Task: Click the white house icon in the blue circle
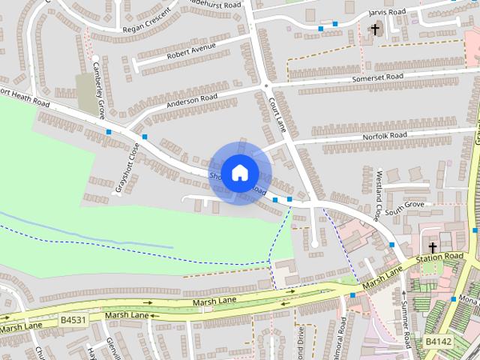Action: pos(238,172)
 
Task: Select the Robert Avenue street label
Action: pos(191,52)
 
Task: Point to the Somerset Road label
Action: pos(378,78)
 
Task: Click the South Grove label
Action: pos(404,208)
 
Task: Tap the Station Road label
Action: pos(440,257)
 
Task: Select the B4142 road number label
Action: pos(439,341)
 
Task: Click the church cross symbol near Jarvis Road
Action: pos(375,30)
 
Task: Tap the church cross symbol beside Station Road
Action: pos(432,247)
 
